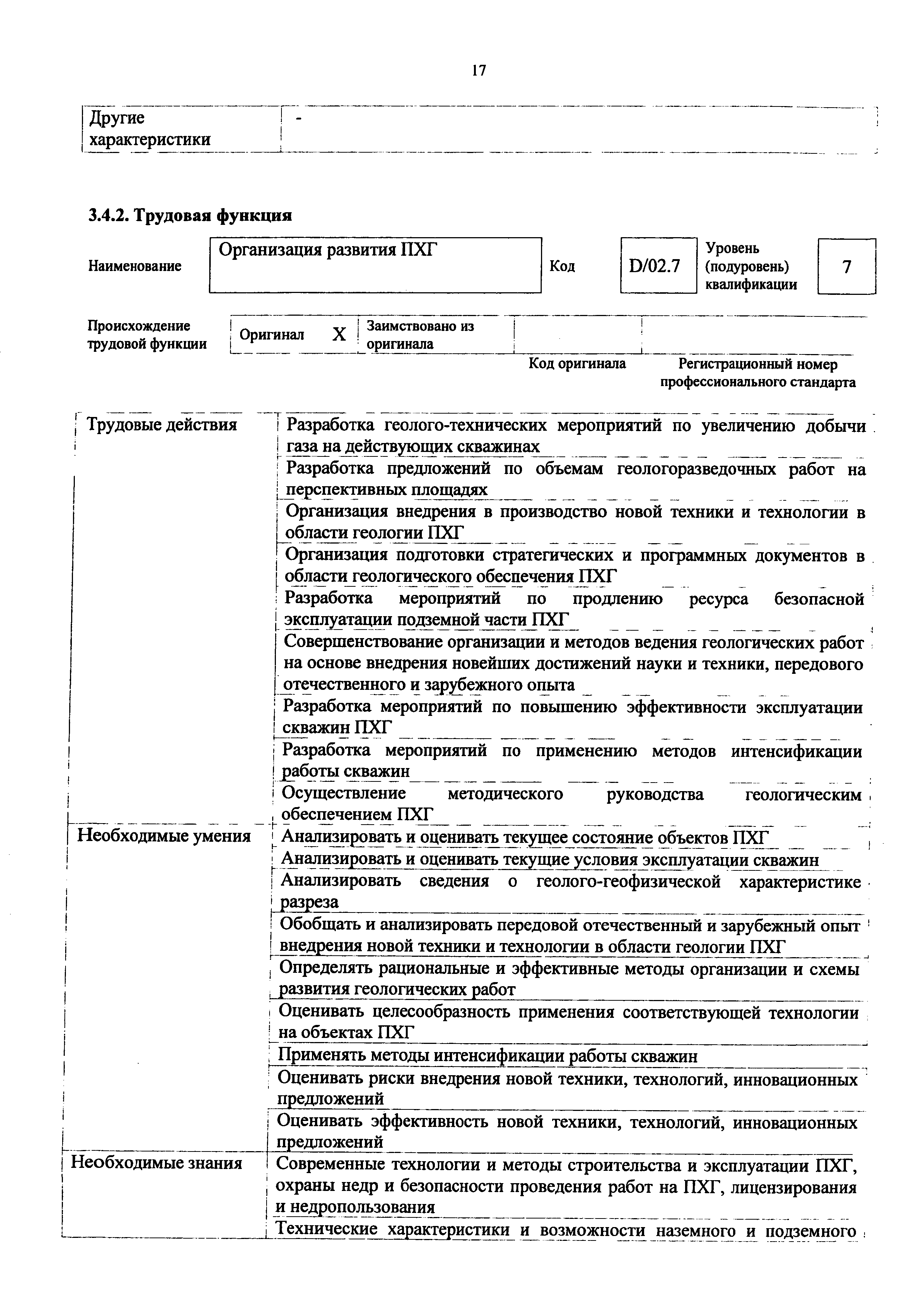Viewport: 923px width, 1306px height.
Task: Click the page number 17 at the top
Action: [479, 70]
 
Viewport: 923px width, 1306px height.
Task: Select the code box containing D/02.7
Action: [658, 266]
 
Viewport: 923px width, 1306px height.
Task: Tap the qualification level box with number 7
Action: [846, 266]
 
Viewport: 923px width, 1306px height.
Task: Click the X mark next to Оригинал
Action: [339, 334]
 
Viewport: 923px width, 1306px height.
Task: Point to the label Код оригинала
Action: [577, 363]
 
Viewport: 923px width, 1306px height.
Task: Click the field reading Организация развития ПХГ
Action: [375, 265]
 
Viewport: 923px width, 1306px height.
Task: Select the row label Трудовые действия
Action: [161, 425]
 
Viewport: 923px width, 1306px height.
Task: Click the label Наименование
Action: [135, 266]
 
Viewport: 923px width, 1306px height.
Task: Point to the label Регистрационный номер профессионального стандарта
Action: [758, 373]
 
